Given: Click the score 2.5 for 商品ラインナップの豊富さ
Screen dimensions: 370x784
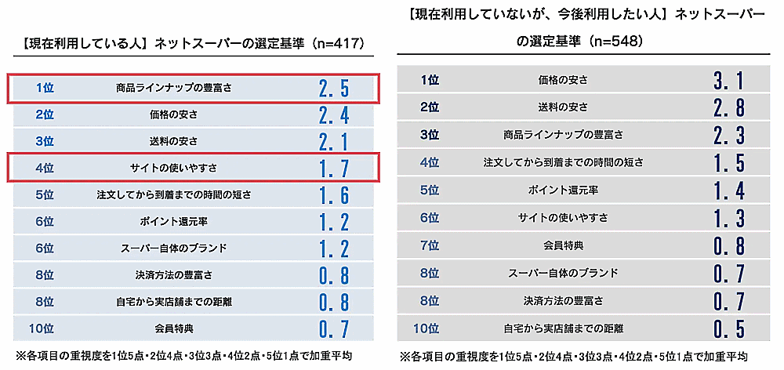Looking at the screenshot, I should point(334,88).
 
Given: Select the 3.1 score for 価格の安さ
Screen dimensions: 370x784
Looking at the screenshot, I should point(728,80).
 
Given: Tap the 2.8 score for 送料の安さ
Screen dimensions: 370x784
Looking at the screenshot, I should point(728,107).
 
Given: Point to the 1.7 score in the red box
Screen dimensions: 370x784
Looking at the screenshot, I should point(334,168).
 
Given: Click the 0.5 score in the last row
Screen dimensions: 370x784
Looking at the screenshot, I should point(728,328).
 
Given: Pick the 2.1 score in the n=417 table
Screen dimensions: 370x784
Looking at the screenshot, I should point(334,141).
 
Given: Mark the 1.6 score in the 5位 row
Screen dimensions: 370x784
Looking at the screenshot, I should point(334,194).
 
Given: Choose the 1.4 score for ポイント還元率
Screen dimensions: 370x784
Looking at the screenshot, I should point(728,190).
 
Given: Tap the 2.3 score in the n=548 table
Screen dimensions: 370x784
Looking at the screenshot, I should point(728,135).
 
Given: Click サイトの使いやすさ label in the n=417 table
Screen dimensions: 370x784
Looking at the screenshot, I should point(174,168).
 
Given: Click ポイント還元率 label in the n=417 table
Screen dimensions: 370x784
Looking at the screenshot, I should point(174,221).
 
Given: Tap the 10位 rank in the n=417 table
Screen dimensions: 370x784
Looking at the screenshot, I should point(45,328).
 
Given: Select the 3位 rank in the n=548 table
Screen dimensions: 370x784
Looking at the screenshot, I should point(430,135).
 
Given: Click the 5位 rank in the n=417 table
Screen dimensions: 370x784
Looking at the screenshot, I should point(45,194).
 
